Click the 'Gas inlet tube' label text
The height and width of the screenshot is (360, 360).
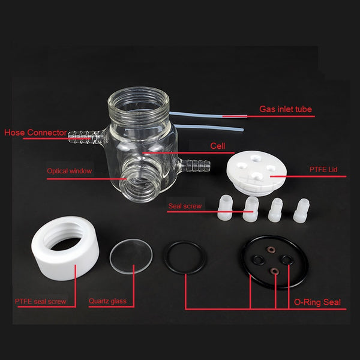(285, 109)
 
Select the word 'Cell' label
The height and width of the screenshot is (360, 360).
(217, 146)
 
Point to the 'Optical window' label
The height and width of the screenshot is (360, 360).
(70, 171)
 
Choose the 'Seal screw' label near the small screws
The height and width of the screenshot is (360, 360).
(185, 206)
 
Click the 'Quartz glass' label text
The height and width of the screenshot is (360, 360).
(107, 301)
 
